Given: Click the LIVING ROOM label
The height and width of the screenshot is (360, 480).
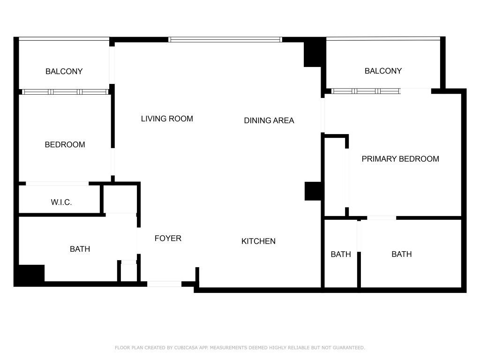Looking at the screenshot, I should click(167, 119).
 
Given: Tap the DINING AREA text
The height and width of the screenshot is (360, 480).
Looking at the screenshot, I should click(269, 120).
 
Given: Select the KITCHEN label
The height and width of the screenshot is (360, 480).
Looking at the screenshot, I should click(258, 241).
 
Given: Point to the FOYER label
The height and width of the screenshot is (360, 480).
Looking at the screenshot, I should click(168, 239).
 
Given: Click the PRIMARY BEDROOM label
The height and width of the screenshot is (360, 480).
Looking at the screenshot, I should click(400, 159).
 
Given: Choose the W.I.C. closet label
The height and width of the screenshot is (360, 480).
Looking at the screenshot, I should click(61, 202).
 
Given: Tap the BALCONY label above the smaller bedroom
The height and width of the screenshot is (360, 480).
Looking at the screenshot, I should click(64, 72).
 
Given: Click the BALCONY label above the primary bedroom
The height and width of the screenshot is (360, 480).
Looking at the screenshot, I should click(383, 71).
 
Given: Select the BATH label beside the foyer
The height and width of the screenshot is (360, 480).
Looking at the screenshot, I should click(80, 249).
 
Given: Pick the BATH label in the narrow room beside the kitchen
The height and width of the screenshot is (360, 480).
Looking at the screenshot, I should click(341, 254).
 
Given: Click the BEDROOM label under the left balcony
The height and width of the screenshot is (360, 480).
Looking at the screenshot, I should click(65, 145).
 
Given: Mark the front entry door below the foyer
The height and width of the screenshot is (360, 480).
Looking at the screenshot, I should click(164, 284).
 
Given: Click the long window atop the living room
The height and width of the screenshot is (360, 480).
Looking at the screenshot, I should click(225, 40).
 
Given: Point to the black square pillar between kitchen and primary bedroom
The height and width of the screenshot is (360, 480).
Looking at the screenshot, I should click(313, 191).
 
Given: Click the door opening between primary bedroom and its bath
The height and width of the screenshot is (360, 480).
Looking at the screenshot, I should click(382, 217).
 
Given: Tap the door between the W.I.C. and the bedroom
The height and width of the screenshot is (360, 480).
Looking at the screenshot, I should click(57, 183).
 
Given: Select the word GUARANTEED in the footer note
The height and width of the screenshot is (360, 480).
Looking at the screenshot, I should click(348, 348).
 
